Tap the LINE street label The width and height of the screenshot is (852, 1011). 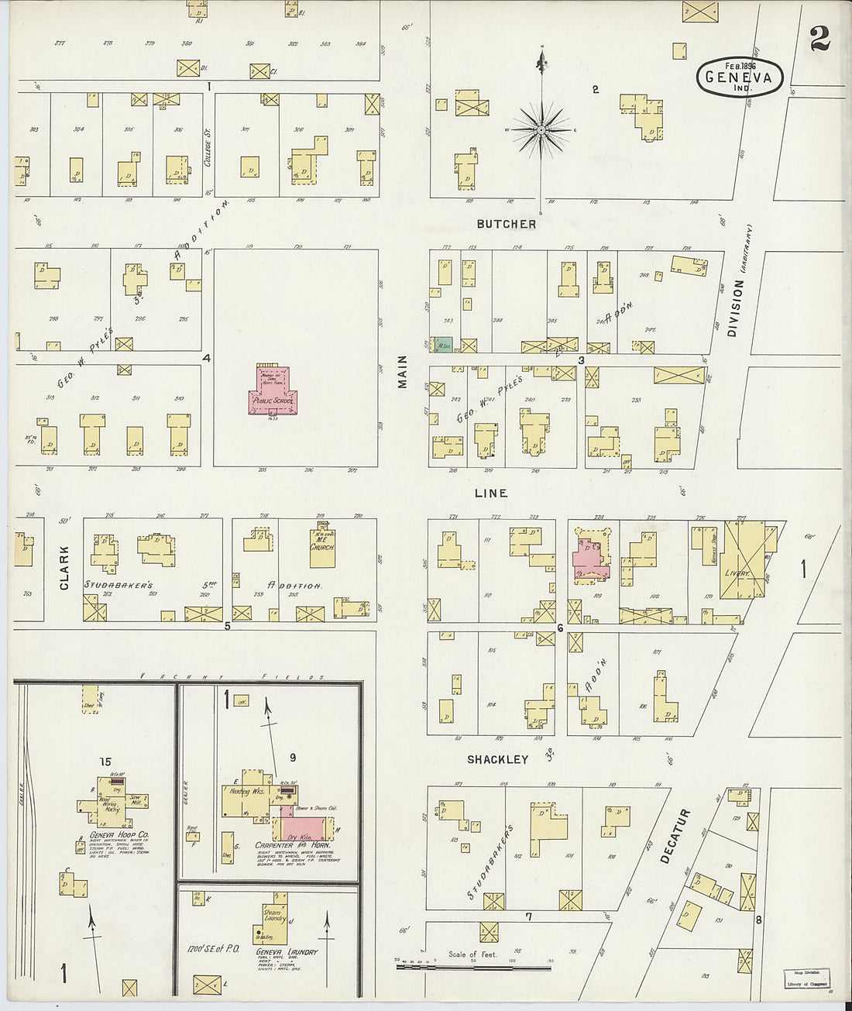click(x=491, y=493)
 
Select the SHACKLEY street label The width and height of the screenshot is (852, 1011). click(x=497, y=759)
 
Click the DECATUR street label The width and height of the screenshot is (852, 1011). click(x=675, y=837)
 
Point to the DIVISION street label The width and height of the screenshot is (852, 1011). click(x=736, y=308)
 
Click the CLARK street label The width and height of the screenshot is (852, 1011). click(x=64, y=567)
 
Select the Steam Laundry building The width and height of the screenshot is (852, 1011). click(x=273, y=919)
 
